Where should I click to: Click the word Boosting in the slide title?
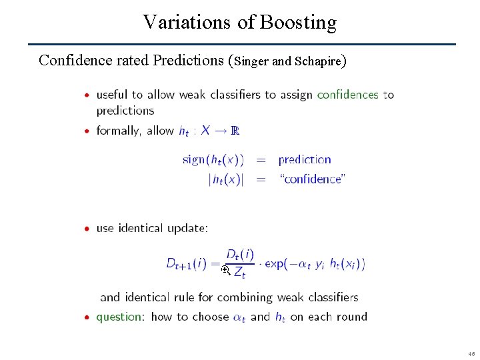point(298,23)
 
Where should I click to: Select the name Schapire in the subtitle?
point(317,61)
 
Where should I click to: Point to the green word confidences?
point(347,95)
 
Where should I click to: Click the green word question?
point(119,317)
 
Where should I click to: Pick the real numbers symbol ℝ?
point(234,131)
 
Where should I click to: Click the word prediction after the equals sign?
point(304,160)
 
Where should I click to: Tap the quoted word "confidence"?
point(312,179)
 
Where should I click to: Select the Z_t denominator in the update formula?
point(239,273)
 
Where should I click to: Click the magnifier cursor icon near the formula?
point(225,270)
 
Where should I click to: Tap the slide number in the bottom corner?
point(471,353)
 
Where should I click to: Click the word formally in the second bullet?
point(118,131)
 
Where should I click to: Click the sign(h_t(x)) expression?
point(213,160)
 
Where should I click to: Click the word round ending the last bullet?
point(350,317)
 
